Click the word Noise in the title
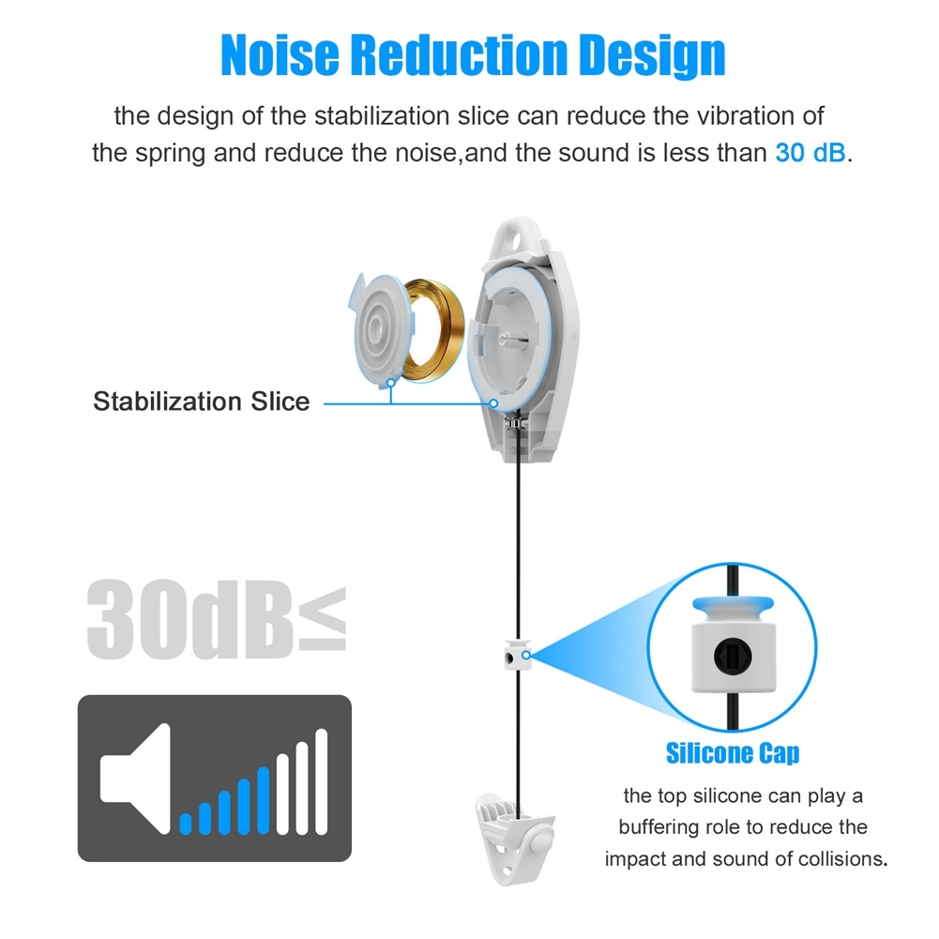pos(280,54)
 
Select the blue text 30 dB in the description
pos(810,153)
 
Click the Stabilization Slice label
pos(201,401)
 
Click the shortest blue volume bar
pos(186,824)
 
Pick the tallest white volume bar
pos(322,781)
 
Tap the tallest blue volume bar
pos(263,801)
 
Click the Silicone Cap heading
pos(733,753)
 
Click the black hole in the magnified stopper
pos(733,657)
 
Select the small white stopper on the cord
pos(518,654)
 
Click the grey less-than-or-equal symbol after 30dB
pos(323,618)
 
